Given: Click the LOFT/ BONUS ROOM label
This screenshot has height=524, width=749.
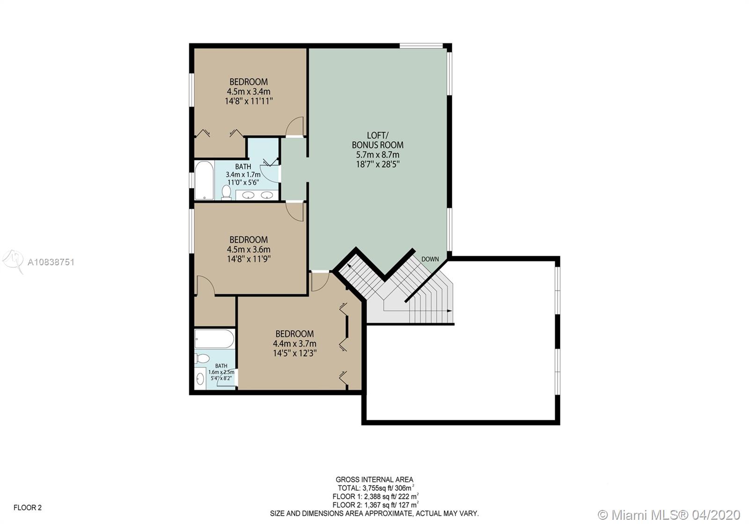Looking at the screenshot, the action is tap(377, 140).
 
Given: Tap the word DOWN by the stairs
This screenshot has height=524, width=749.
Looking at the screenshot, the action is tap(430, 259).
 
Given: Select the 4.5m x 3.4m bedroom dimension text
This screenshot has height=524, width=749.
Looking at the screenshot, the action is tap(249, 91).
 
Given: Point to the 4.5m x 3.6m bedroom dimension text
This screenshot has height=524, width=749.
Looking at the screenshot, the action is tap(249, 249).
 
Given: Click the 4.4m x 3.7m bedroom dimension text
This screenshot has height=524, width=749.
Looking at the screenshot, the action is tap(294, 343).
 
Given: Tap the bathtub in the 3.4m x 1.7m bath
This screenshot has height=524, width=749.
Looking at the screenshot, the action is tap(204, 181).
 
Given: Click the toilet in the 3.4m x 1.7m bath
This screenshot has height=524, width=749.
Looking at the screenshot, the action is tap(227, 193).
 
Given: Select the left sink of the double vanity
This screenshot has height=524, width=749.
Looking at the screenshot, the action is tap(248, 195).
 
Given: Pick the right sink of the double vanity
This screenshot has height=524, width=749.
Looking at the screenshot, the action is tap(267, 195).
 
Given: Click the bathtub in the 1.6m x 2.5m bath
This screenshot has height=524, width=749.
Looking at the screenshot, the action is tap(214, 339).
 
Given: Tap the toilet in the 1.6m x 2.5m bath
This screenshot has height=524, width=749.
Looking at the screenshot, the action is tap(202, 358).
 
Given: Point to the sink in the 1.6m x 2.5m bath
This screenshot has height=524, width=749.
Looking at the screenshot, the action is tap(200, 379).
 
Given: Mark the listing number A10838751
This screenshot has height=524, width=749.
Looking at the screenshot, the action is tap(51, 262).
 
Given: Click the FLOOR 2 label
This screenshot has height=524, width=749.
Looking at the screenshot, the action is tap(28, 508).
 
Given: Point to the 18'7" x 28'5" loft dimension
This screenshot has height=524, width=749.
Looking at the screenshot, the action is tap(378, 164).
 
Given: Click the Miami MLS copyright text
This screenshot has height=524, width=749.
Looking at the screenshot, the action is tap(669, 515).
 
